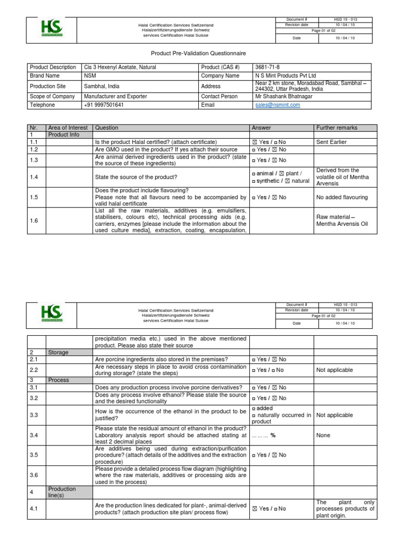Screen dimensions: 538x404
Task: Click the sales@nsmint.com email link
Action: [277, 105]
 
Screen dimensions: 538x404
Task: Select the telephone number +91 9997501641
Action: [104, 105]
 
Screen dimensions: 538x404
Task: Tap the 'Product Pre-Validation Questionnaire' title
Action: [198, 54]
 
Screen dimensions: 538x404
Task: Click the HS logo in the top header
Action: [52, 28]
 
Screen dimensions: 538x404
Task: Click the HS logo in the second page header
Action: [52, 313]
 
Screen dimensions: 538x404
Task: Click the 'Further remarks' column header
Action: [337, 128]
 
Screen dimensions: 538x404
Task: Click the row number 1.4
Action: [34, 177]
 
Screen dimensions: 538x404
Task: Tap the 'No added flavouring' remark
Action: [342, 198]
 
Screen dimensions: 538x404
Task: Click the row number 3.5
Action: [34, 455]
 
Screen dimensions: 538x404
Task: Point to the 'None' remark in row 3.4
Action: [324, 435]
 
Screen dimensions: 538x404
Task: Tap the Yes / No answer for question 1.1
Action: [268, 142]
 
